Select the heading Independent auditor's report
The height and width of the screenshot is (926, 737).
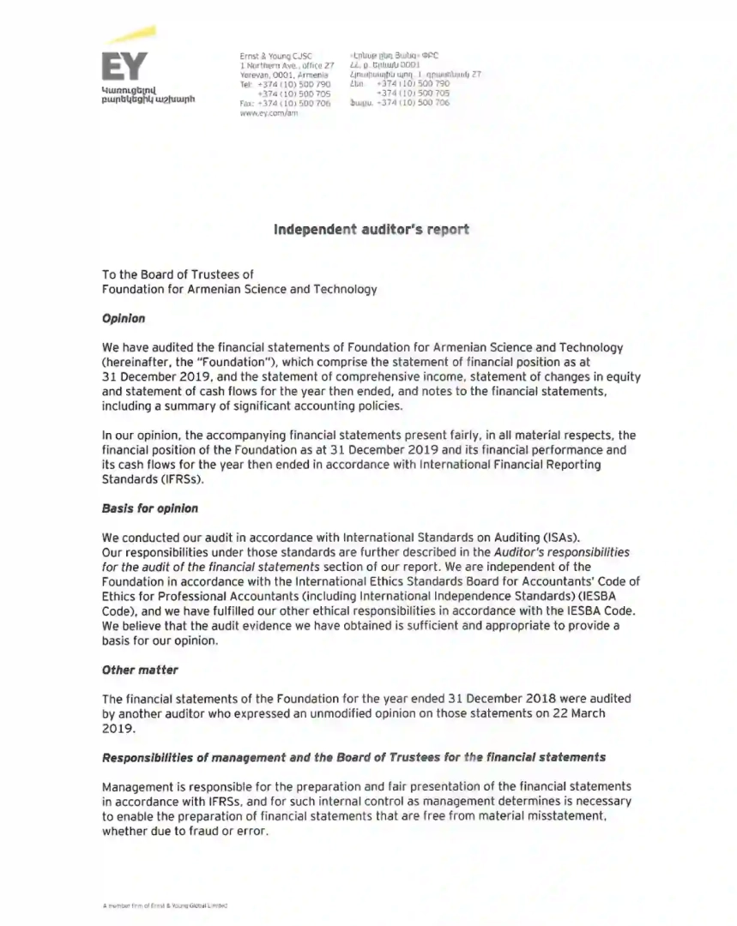[x=371, y=230]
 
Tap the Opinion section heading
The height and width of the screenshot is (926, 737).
[x=124, y=319]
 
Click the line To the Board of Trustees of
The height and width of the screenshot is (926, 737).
[x=178, y=274]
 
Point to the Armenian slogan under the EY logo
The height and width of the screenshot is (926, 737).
[x=148, y=93]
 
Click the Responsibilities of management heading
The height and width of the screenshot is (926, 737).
[x=353, y=757]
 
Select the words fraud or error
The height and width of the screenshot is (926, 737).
[x=215, y=830]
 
